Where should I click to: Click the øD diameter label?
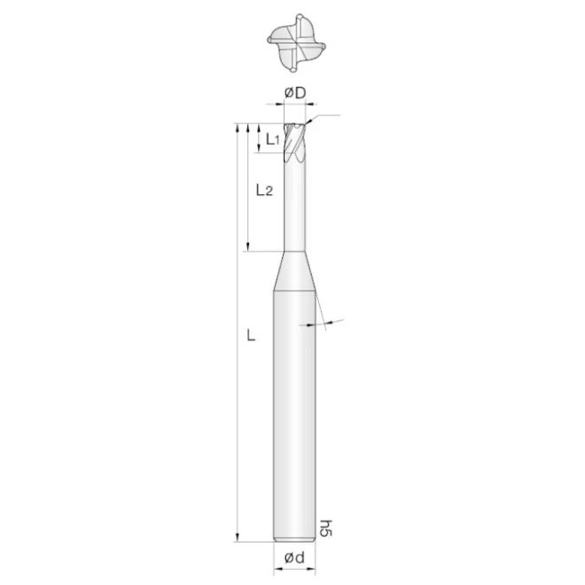click(x=295, y=93)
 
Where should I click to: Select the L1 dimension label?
click(x=273, y=139)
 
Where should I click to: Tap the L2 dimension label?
click(x=263, y=190)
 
